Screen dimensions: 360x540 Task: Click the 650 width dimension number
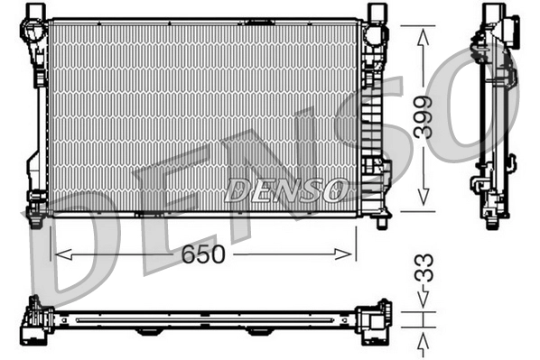point(202,255)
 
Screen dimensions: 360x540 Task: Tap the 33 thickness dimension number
point(424,268)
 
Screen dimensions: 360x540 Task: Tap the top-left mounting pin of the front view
point(37,12)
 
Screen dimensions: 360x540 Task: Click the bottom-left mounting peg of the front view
point(35,219)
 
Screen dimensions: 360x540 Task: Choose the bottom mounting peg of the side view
point(491,222)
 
